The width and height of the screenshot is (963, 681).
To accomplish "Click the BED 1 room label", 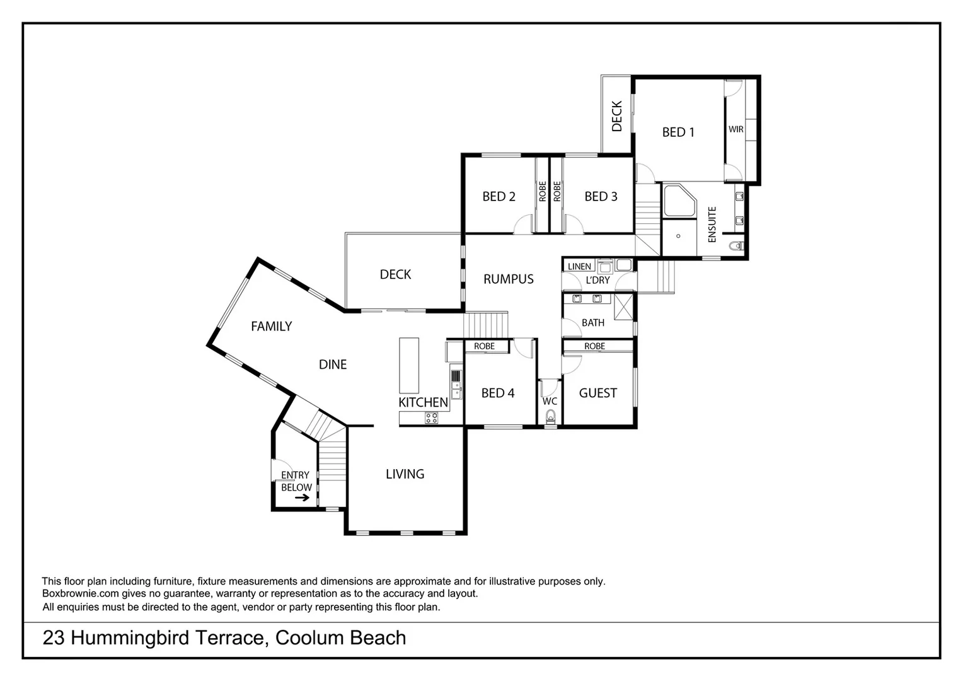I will click(x=678, y=132).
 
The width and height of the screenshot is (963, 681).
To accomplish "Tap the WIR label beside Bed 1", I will click(x=735, y=129).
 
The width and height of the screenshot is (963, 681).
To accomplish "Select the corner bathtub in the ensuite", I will click(x=678, y=201).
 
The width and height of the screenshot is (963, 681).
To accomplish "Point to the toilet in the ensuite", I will click(x=735, y=246).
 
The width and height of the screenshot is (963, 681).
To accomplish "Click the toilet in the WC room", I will click(x=550, y=416).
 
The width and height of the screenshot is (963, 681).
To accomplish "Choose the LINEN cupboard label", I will click(x=579, y=267).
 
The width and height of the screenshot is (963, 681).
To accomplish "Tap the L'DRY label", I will click(x=597, y=280).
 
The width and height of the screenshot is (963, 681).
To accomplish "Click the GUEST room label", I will click(x=597, y=393).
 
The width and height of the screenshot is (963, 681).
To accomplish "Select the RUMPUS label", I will click(x=508, y=279).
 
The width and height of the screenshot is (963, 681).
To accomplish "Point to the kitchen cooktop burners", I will click(x=431, y=417).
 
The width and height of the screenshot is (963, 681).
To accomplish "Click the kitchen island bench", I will click(x=409, y=366).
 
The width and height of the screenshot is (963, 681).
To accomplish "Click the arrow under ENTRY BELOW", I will click(x=303, y=498).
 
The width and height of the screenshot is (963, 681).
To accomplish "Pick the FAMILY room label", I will click(x=271, y=327).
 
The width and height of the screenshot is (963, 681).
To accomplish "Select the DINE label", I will click(x=333, y=364).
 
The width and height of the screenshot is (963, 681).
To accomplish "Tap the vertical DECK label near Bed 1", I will click(x=616, y=116).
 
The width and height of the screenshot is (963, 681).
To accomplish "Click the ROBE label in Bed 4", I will click(x=484, y=346).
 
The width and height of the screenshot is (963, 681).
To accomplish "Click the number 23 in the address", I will click(x=53, y=638).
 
